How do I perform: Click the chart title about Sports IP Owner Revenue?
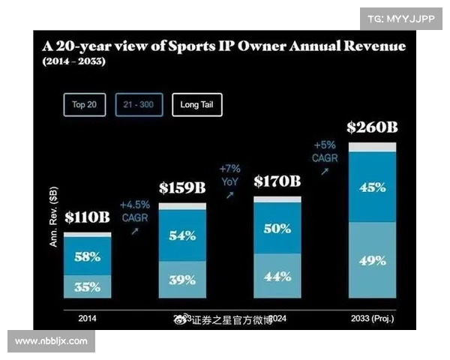(x=223, y=46)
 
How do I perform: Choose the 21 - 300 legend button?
(x=139, y=105)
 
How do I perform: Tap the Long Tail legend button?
(x=196, y=105)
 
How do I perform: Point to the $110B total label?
(x=87, y=218)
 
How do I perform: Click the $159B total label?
(x=181, y=187)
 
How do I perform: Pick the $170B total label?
(x=277, y=181)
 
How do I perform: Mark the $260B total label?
(x=372, y=127)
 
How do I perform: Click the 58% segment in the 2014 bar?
(x=87, y=256)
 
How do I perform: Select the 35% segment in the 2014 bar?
(x=87, y=286)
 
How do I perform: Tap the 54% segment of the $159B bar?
(x=181, y=235)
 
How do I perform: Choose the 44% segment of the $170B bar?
(x=277, y=276)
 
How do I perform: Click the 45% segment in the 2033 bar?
(x=372, y=187)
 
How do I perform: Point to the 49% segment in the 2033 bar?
(x=372, y=260)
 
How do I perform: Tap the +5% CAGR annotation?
(x=324, y=152)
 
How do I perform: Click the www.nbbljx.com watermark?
(x=51, y=340)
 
